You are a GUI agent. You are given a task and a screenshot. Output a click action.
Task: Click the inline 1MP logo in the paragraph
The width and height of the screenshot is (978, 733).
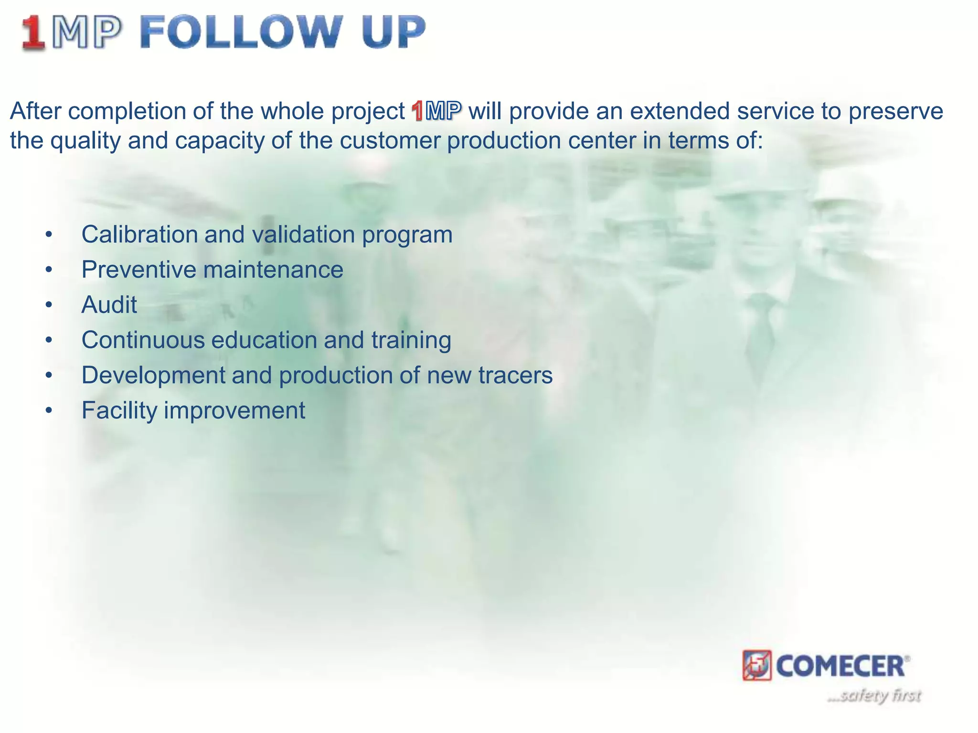pos(436,111)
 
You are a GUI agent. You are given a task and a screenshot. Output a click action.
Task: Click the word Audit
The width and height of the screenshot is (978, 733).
pos(109,305)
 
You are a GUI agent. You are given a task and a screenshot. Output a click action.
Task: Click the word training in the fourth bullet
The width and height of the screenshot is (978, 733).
pos(411,340)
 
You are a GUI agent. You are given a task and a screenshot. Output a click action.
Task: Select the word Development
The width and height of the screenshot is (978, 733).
pos(153,375)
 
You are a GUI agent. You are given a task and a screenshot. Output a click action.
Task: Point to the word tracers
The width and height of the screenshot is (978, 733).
pos(515,375)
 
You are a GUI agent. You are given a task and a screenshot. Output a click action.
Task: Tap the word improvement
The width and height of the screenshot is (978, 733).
pos(234,410)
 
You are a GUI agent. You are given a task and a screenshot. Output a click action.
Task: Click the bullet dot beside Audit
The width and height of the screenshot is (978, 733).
pos(48,305)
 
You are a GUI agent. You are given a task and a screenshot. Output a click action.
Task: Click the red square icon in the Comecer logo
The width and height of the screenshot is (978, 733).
pos(757,665)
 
